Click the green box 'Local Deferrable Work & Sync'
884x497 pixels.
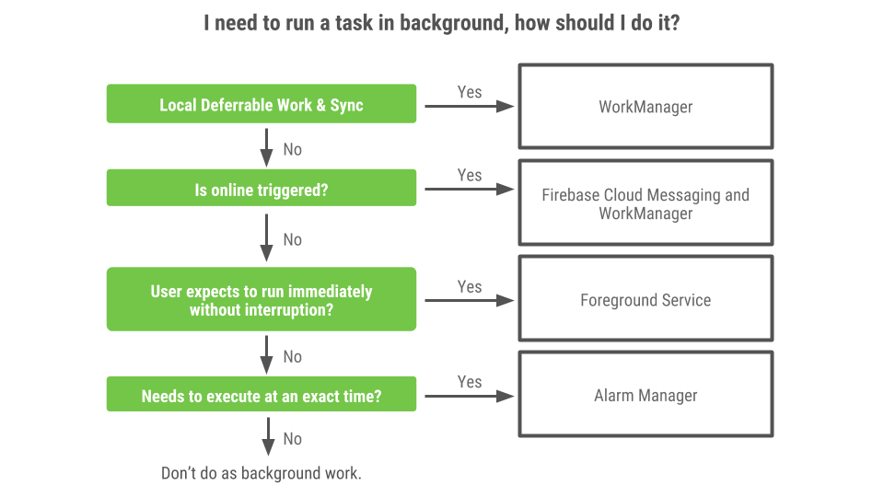coord(262,104)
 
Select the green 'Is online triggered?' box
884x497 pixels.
coord(262,190)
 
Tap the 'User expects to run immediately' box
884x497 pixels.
coord(262,300)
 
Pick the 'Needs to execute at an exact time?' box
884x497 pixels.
coord(262,397)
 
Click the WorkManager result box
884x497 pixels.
coord(646,107)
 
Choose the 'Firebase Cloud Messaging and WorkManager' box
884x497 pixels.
coord(646,203)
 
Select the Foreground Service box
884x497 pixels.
coord(646,300)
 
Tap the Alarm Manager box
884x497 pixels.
coord(646,396)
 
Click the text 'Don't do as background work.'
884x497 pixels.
coord(262,474)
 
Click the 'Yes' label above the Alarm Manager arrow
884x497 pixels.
coord(470,381)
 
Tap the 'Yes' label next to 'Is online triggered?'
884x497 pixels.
coord(470,175)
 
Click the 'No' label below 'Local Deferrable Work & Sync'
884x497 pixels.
coord(292,149)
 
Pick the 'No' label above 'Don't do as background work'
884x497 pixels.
coord(292,439)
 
